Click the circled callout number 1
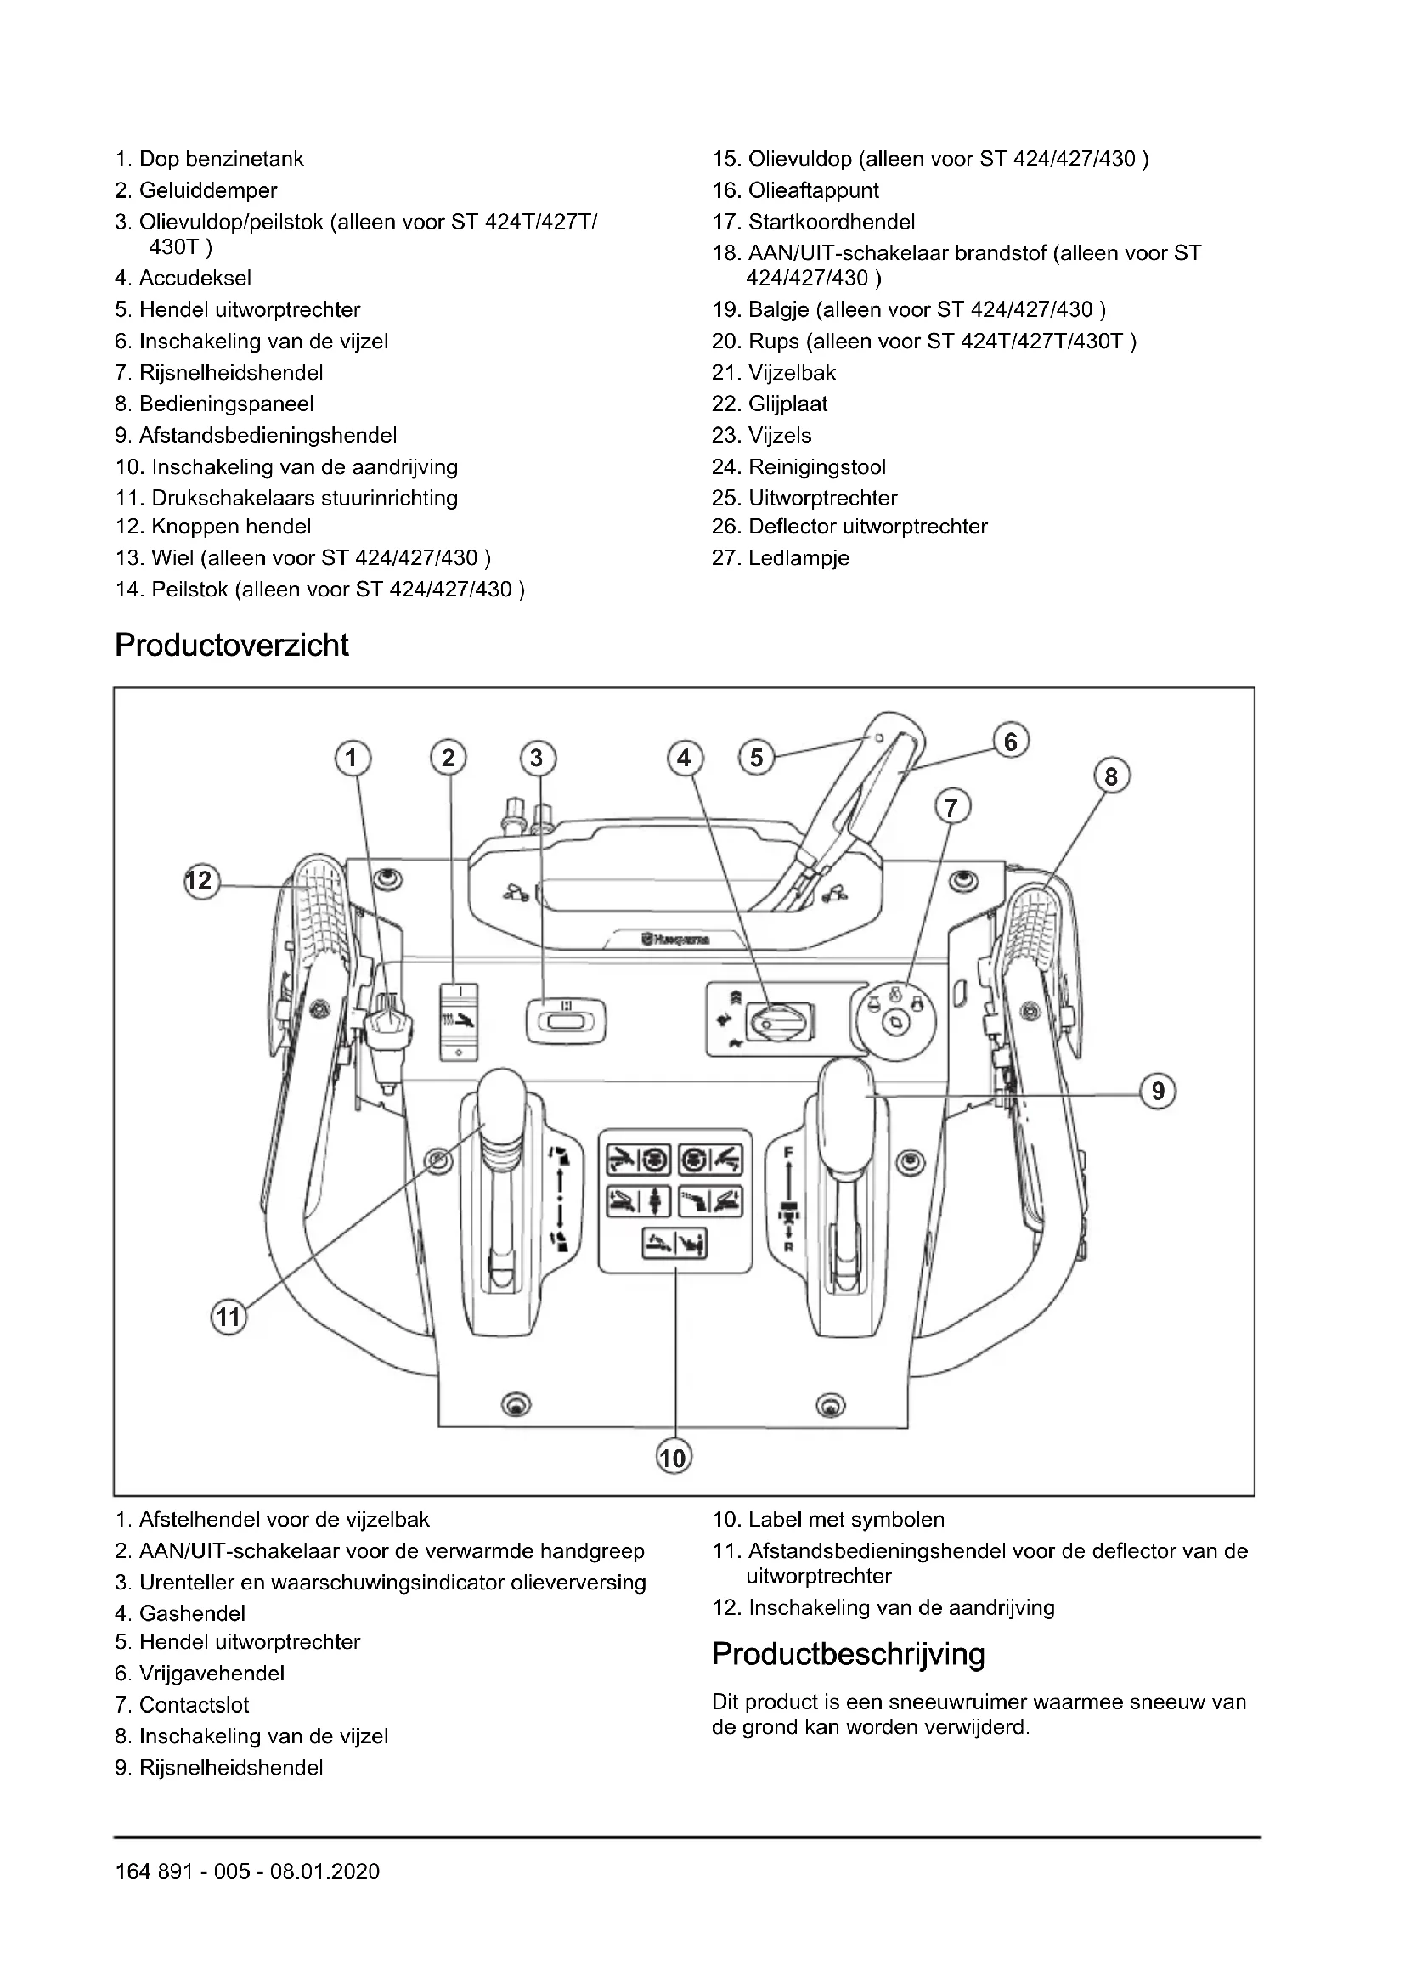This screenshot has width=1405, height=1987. pyautogui.click(x=352, y=758)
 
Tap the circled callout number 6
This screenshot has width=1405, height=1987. pyautogui.click(x=1011, y=742)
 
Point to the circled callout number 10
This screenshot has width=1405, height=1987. pyautogui.click(x=673, y=1459)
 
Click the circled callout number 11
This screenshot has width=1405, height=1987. pyautogui.click(x=228, y=1318)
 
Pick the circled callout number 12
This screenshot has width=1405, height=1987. pyautogui.click(x=200, y=881)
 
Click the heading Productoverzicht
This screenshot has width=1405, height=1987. pyautogui.click(x=231, y=646)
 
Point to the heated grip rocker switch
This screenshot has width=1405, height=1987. pyautogui.click(x=459, y=1021)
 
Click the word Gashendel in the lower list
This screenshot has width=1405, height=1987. pyautogui.click(x=192, y=1613)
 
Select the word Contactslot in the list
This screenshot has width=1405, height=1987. pyautogui.click(x=194, y=1705)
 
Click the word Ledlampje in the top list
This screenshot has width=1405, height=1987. pyautogui.click(x=798, y=558)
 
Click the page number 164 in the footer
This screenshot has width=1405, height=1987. pyautogui.click(x=133, y=1872)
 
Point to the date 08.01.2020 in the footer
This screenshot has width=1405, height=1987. pyautogui.click(x=325, y=1872)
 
